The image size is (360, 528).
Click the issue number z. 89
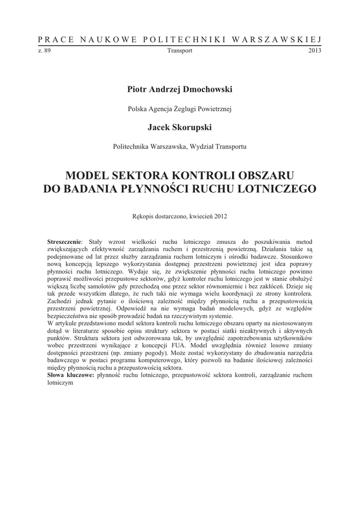point(44,51)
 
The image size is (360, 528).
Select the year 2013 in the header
point(315,51)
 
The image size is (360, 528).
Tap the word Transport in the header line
point(180,51)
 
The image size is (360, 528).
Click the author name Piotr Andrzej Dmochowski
point(180,89)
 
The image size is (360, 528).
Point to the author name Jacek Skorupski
point(180,127)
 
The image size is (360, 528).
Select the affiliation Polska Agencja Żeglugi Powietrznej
point(180,109)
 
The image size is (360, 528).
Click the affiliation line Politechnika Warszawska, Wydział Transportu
point(180,146)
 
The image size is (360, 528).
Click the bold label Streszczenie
point(64,241)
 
